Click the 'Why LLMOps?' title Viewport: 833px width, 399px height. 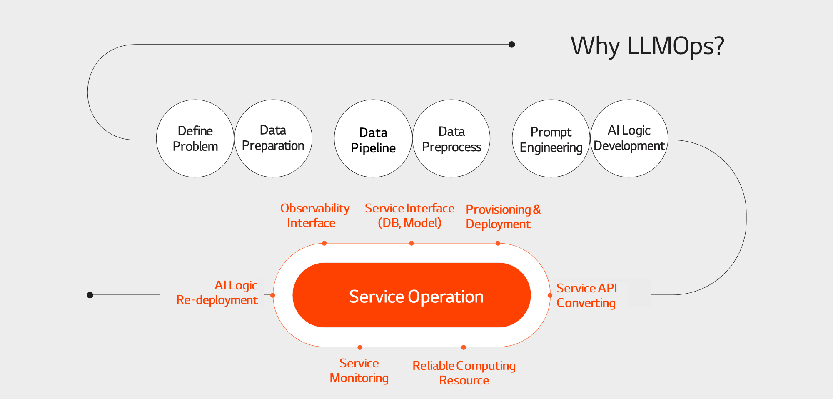(x=647, y=46)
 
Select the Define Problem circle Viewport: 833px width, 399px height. (x=195, y=138)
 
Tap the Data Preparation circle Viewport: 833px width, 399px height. (x=273, y=138)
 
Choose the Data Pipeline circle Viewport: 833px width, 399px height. (x=373, y=138)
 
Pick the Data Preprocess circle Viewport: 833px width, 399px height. (x=451, y=138)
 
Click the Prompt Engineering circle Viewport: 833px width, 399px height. (x=551, y=138)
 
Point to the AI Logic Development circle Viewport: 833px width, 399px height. (x=629, y=138)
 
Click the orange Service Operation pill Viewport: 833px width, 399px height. (x=412, y=295)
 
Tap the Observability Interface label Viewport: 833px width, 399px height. (x=315, y=215)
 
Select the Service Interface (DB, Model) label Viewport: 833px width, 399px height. (x=409, y=215)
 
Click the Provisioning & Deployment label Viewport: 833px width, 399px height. (x=503, y=217)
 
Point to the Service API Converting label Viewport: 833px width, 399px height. (x=586, y=295)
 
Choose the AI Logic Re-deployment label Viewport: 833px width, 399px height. (x=217, y=292)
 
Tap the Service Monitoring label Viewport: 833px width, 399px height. (x=359, y=370)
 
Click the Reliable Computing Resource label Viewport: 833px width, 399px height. (x=464, y=373)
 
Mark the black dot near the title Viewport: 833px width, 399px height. (x=512, y=45)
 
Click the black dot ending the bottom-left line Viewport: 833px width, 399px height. (x=90, y=295)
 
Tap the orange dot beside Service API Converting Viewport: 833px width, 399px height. (x=550, y=295)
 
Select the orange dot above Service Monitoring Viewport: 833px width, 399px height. (x=360, y=347)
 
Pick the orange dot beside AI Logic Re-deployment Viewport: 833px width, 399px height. (x=273, y=295)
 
